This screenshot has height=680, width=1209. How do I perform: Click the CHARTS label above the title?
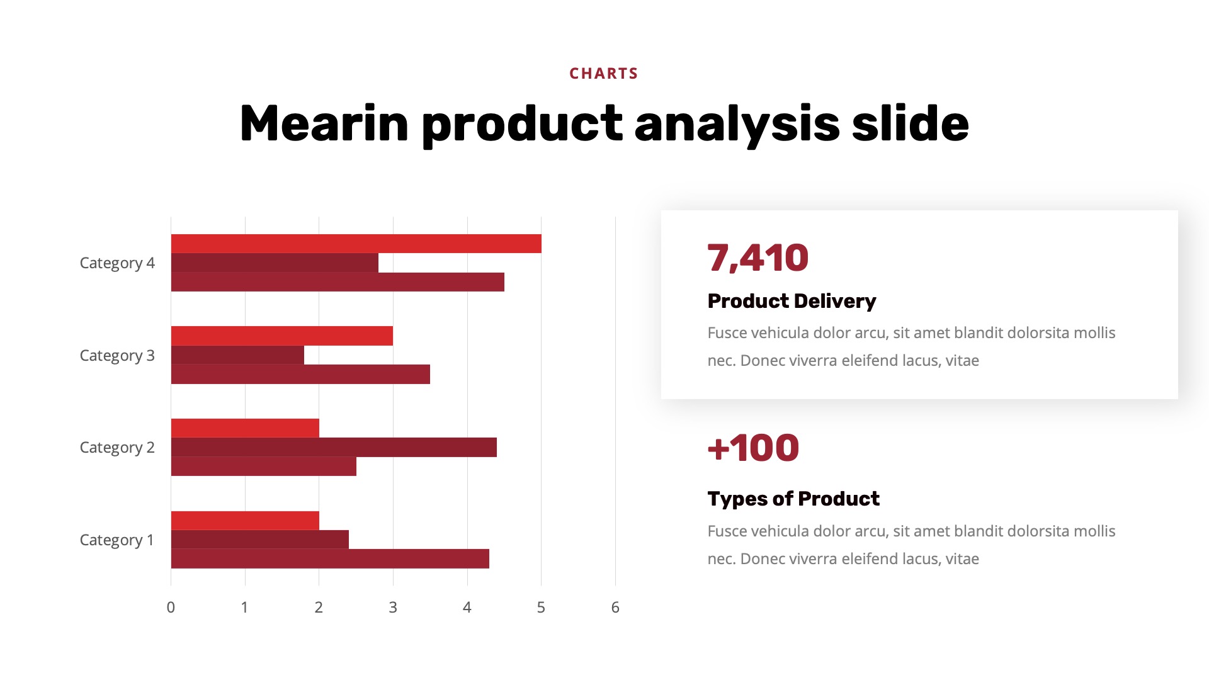pyautogui.click(x=603, y=74)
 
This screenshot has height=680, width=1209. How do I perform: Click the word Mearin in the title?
pyautogui.click(x=324, y=124)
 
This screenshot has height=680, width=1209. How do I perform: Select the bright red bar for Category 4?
pyautogui.click(x=356, y=244)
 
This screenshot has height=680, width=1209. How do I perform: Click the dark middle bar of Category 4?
pyautogui.click(x=275, y=263)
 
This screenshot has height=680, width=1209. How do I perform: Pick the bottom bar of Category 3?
pyautogui.click(x=300, y=374)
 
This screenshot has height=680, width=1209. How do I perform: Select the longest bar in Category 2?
pyautogui.click(x=334, y=447)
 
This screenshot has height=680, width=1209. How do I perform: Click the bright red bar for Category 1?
pyautogui.click(x=245, y=521)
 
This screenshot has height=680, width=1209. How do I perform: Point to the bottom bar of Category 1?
pyautogui.click(x=330, y=558)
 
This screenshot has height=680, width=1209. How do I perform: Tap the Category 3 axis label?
pyautogui.click(x=117, y=356)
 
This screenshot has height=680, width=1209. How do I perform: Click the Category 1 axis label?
pyautogui.click(x=117, y=540)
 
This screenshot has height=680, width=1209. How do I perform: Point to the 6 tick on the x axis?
pyautogui.click(x=615, y=608)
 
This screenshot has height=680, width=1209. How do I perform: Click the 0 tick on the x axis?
pyautogui.click(x=171, y=608)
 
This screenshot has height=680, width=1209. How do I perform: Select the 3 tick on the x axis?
pyautogui.click(x=393, y=608)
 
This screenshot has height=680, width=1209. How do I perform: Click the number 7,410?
pyautogui.click(x=758, y=258)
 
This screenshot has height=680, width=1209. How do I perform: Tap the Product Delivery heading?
pyautogui.click(x=792, y=301)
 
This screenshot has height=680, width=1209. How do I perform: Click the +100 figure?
pyautogui.click(x=753, y=448)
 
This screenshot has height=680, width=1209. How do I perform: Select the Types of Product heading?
pyautogui.click(x=793, y=499)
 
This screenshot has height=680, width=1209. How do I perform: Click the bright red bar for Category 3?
pyautogui.click(x=281, y=336)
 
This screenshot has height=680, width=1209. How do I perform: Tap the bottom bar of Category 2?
pyautogui.click(x=263, y=466)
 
